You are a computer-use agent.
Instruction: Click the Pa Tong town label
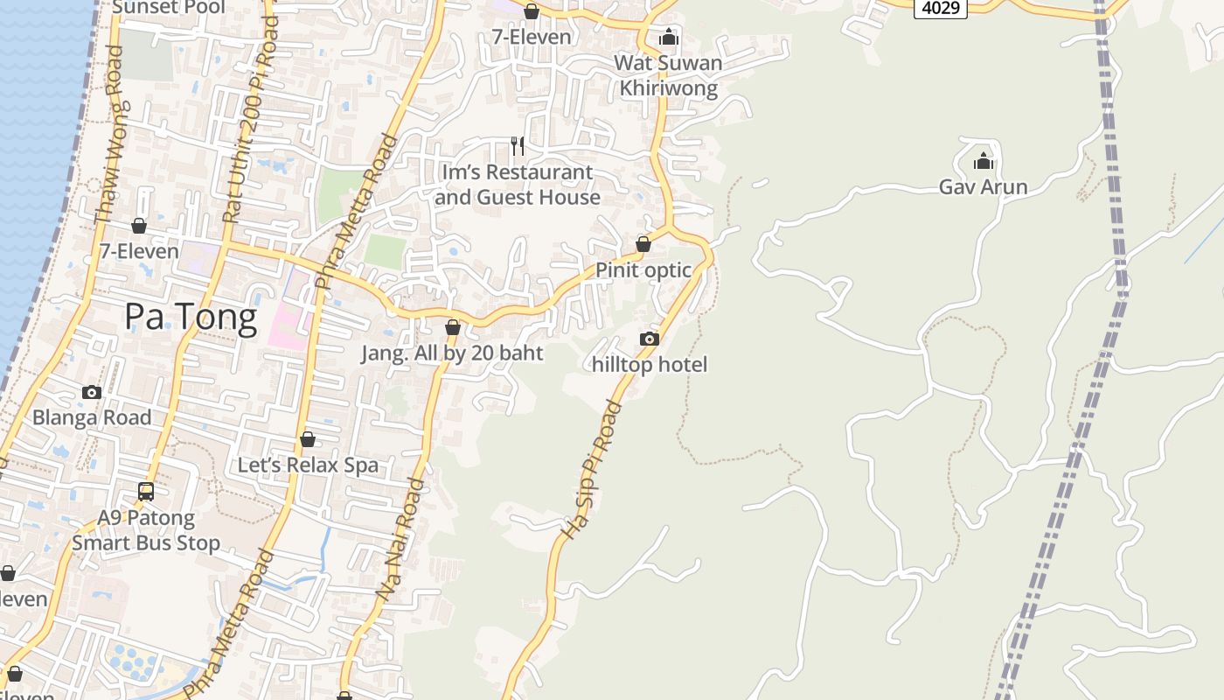tap(191, 317)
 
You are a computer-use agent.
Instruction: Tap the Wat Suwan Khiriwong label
tap(669, 75)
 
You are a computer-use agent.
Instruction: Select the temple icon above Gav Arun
tap(984, 161)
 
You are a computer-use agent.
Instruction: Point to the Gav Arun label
tap(984, 186)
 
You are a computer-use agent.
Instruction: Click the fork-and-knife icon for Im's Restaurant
tap(518, 145)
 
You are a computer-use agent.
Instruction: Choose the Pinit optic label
tap(643, 270)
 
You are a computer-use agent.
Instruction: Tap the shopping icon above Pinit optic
tap(643, 244)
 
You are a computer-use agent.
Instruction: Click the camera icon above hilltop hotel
tap(650, 339)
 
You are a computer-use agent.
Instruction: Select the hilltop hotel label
tap(650, 364)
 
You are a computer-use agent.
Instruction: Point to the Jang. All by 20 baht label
tap(453, 353)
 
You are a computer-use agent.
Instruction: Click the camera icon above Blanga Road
tap(92, 392)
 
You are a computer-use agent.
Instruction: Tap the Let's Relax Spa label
tap(308, 465)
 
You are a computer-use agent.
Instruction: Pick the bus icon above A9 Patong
tap(146, 492)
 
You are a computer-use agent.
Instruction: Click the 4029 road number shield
tap(941, 8)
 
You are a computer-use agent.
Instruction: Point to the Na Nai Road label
tap(400, 538)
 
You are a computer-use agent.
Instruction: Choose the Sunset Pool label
tap(170, 8)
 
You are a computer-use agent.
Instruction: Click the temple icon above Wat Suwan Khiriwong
tap(669, 37)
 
